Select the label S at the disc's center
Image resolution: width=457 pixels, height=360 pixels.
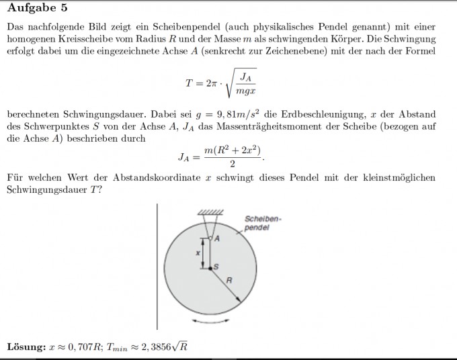pos(216,266)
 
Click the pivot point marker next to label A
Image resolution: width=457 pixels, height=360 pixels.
pos(210,238)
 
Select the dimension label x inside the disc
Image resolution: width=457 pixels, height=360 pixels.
pos(198,253)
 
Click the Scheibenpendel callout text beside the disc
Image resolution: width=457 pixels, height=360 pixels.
pos(259,223)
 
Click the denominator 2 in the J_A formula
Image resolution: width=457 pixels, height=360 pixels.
pos(231,165)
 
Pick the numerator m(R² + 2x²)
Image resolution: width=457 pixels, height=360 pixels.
pos(231,150)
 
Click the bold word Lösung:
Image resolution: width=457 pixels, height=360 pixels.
pos(26,347)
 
